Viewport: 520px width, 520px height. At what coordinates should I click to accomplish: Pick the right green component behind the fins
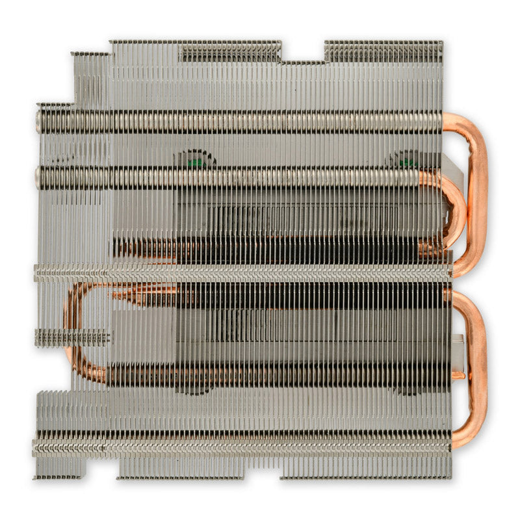point(408,160)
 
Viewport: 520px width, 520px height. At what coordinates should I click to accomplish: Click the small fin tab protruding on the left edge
point(71,337)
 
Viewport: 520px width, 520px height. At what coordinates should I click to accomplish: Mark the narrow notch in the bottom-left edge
point(101,469)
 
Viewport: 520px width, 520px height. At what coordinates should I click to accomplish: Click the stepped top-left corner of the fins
point(91,65)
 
